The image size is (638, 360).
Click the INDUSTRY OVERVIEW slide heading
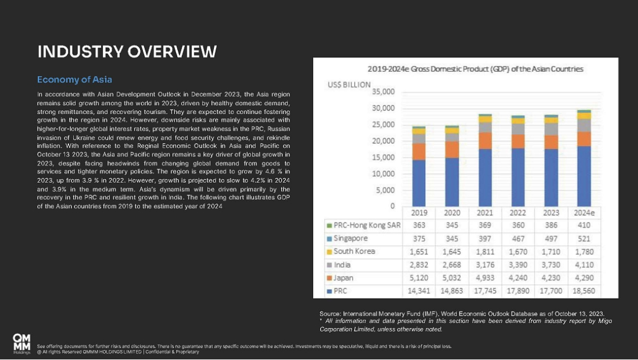(x=127, y=51)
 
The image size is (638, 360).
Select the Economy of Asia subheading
(x=74, y=79)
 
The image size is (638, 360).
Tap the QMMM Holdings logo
(x=22, y=343)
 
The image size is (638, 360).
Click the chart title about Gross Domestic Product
(x=475, y=69)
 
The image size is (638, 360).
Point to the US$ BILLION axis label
(x=349, y=85)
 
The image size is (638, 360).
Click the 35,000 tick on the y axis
(x=383, y=92)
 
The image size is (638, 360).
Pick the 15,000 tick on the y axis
(x=383, y=157)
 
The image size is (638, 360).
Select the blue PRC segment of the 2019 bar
(x=419, y=183)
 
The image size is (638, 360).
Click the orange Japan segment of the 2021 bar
(x=485, y=141)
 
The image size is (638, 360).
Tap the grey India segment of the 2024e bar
(x=584, y=125)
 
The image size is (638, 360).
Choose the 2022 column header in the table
(x=517, y=213)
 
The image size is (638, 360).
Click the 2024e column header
(x=584, y=213)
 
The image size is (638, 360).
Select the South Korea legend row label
(x=354, y=251)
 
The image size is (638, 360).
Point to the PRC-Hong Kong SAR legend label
(x=367, y=225)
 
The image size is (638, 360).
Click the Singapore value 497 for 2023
(x=551, y=239)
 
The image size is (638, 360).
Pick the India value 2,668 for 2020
(x=452, y=265)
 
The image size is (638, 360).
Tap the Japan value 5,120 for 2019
(x=419, y=278)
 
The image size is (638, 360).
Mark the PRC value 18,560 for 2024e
(x=584, y=291)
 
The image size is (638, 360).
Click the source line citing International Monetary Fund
(x=462, y=313)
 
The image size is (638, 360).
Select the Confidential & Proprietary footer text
(x=172, y=352)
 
